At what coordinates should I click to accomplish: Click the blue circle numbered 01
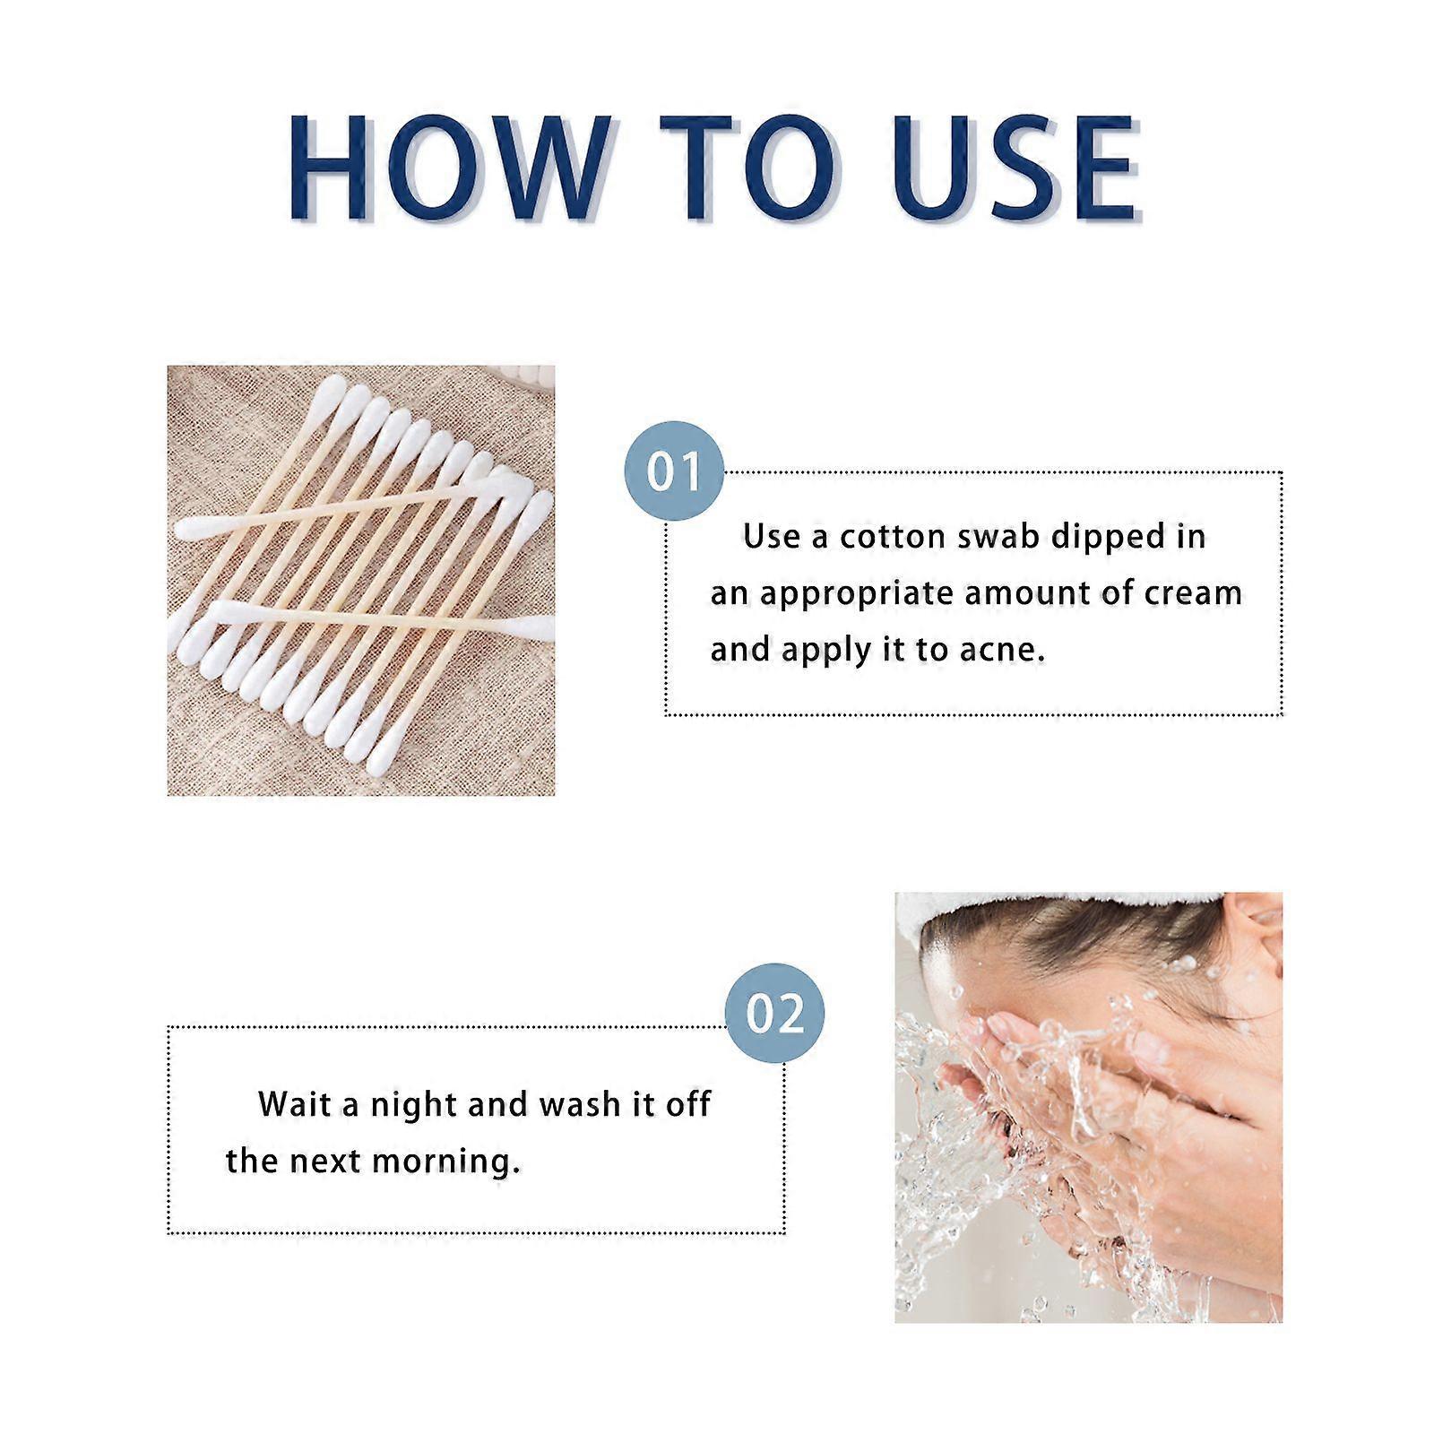(674, 471)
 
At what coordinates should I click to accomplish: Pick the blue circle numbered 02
(774, 1013)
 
